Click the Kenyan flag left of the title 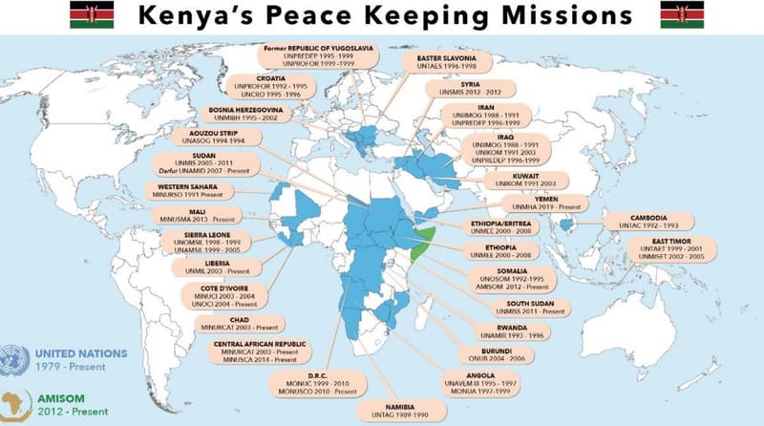(92, 15)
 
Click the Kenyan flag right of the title (682, 15)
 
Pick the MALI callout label (199, 216)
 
